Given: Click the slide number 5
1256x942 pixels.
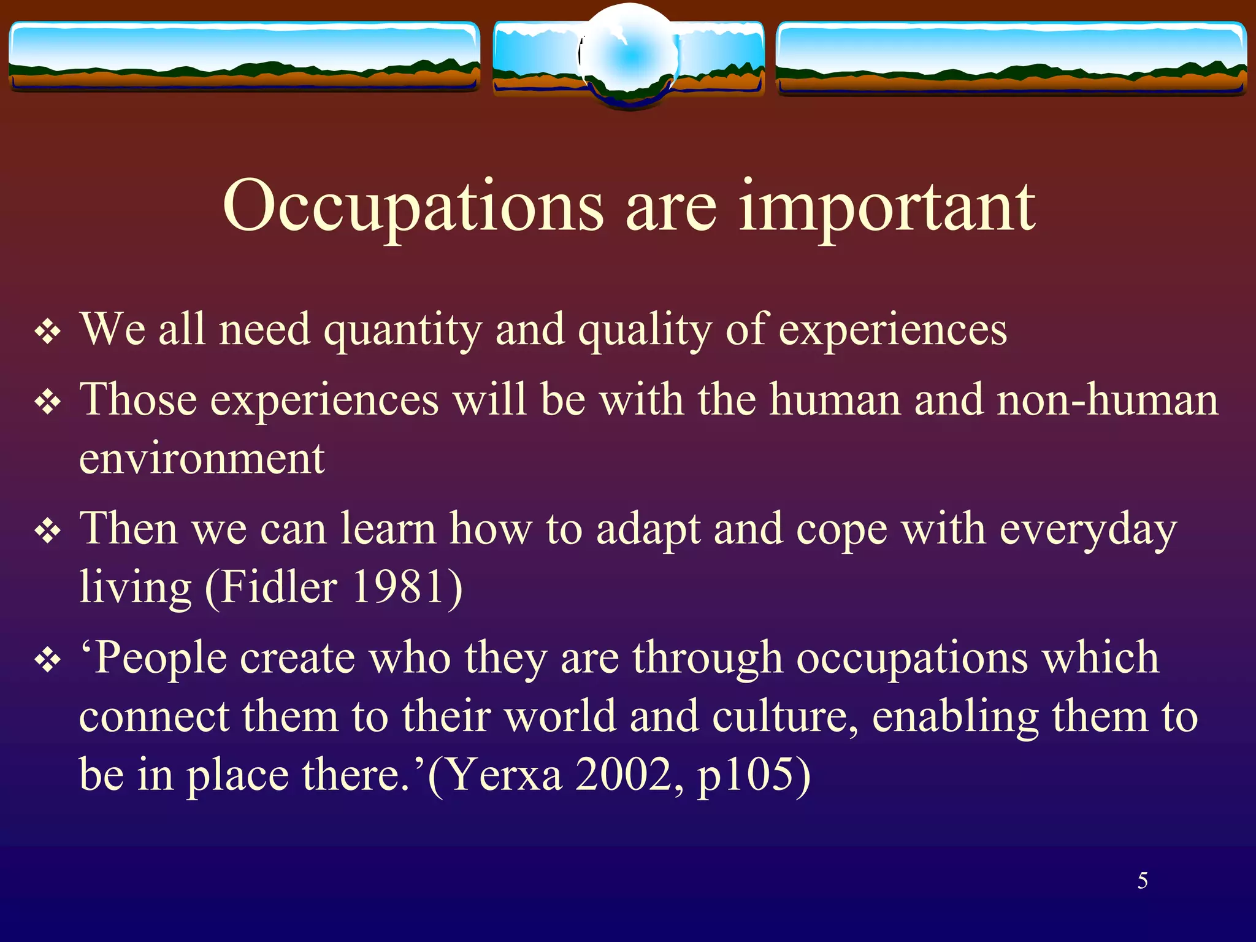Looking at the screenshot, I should pos(1143,881).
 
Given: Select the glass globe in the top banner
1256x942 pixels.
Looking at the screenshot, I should pos(629,56).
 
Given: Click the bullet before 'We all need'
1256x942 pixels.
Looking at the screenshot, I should pos(48,332).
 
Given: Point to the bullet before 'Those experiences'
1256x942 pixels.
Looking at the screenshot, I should pos(48,403).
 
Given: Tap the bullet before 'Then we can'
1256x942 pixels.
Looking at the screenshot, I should pos(48,532).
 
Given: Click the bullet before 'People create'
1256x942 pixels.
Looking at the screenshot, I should pos(48,661).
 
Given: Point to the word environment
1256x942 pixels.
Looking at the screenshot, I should pos(202,458).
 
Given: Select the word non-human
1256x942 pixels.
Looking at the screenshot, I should pos(1108,400).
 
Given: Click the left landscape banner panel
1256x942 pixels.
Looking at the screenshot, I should pos(244,56).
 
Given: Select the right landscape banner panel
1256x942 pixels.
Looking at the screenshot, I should pos(1011,58).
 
